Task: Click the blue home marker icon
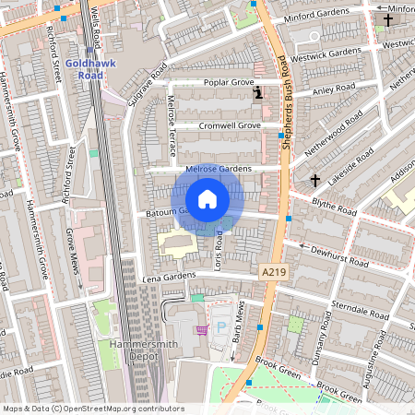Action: [207, 198]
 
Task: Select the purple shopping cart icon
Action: [201, 329]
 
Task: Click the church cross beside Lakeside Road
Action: [314, 180]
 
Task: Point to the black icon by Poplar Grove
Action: [258, 92]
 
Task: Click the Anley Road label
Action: [333, 89]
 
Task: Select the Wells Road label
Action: [96, 26]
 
